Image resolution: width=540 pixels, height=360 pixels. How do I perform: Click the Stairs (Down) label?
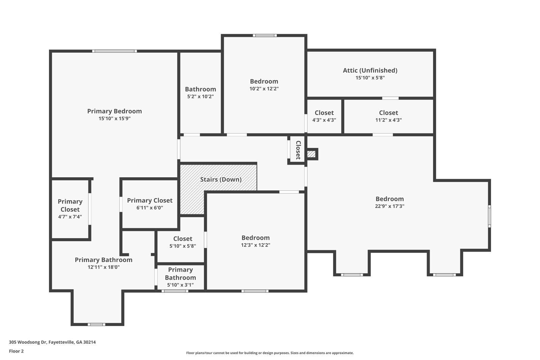(221, 179)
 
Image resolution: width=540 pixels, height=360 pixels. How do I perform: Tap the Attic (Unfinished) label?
(370, 70)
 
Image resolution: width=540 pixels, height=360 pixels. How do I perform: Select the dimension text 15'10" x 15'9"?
(114, 119)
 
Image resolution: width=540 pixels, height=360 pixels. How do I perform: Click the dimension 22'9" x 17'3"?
(389, 206)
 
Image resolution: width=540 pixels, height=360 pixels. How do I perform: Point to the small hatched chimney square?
(311, 154)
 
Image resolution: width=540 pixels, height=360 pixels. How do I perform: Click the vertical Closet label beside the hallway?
(298, 150)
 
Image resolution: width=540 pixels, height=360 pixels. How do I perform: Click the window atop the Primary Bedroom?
(114, 51)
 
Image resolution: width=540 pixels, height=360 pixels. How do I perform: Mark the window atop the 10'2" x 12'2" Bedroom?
(265, 35)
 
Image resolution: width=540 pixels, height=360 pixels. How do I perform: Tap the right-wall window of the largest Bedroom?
(489, 216)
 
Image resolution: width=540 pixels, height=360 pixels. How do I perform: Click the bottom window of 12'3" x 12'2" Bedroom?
(255, 291)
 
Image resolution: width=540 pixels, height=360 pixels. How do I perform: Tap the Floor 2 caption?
(16, 351)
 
